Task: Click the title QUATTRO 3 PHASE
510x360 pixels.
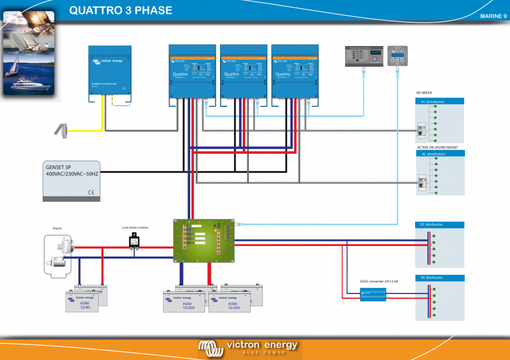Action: (121, 11)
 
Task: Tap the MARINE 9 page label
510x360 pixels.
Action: (493, 16)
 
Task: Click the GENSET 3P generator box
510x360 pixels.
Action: (71, 181)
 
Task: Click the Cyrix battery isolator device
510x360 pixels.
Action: (135, 240)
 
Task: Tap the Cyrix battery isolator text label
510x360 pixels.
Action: (135, 228)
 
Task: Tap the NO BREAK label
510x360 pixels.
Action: (424, 92)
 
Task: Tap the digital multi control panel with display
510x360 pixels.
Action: (364, 56)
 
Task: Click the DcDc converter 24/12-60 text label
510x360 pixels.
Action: (379, 281)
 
